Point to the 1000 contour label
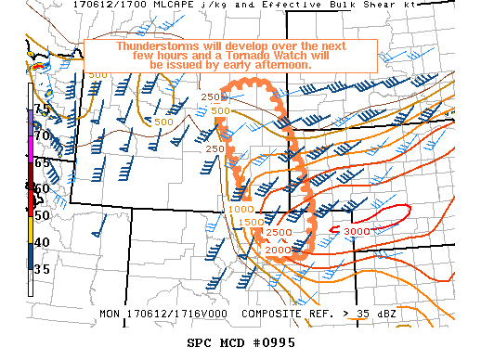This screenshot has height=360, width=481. (240, 211)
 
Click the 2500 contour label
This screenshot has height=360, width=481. (280, 231)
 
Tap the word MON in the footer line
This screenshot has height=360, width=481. (110, 314)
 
